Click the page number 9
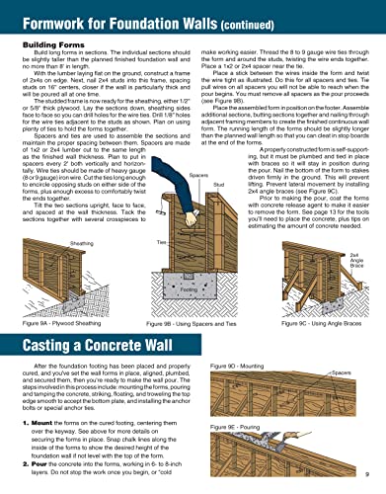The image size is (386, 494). tap(365, 480)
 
